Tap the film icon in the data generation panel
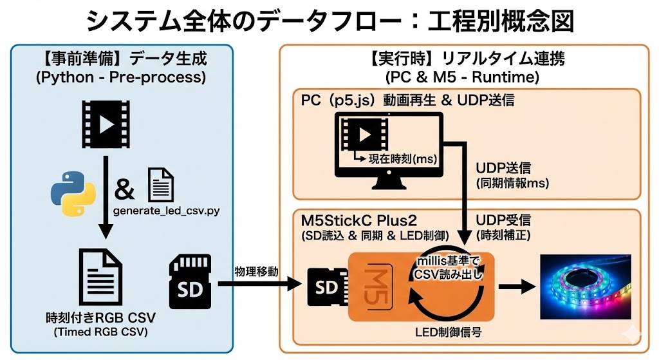pos(105,123)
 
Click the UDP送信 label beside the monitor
pos(503,168)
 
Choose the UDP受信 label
pos(503,219)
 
